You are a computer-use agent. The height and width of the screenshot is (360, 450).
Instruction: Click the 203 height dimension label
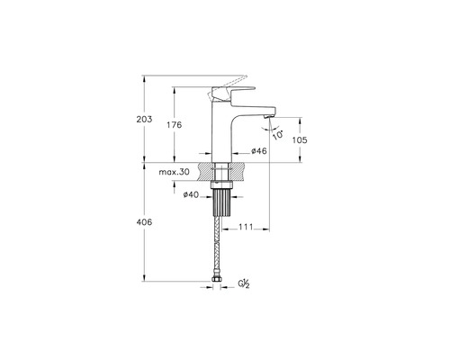tap(144, 119)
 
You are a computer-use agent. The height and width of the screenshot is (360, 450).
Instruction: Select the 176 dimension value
tap(175, 124)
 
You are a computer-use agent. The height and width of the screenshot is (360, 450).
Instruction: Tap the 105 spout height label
tap(300, 139)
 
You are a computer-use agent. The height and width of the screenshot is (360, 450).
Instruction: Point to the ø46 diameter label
tap(259, 151)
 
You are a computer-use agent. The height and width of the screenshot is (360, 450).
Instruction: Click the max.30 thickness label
tap(174, 172)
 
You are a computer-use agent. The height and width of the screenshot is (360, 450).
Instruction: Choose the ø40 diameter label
tap(191, 194)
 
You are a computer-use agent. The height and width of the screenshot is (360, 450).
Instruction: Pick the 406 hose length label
tap(144, 222)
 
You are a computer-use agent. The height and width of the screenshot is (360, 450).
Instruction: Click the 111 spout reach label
tap(246, 227)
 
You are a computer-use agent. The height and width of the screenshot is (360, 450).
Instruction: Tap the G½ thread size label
tap(244, 283)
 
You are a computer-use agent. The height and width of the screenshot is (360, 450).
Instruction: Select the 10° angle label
tap(278, 135)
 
